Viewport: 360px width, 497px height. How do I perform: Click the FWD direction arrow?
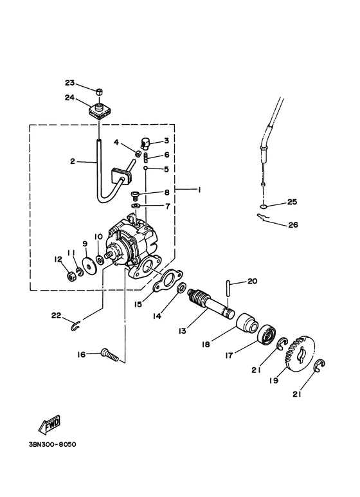(x=50, y=424)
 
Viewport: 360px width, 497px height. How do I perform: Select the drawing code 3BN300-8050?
(x=52, y=444)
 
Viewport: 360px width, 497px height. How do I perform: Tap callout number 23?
(x=69, y=83)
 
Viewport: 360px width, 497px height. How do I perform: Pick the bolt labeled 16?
(x=110, y=355)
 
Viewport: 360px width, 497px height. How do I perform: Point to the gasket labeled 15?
(x=168, y=279)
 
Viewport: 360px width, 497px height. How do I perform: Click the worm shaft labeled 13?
(x=211, y=304)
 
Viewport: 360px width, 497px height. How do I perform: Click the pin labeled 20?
(x=229, y=288)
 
